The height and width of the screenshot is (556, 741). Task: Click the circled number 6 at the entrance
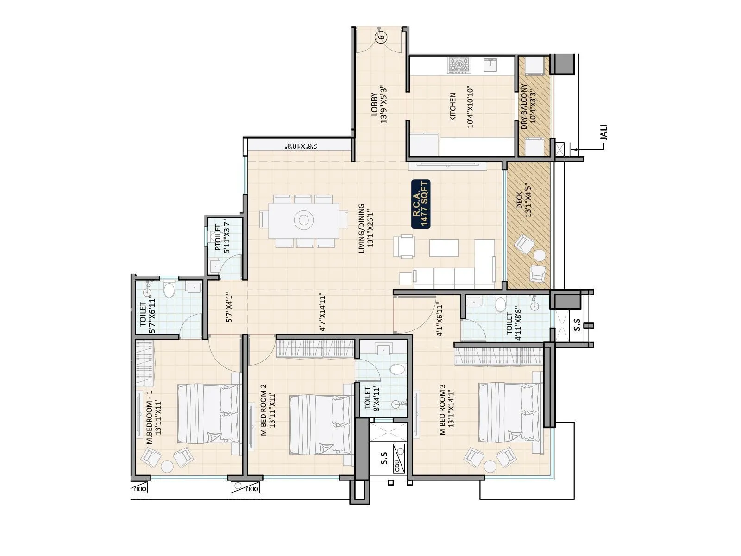(381, 38)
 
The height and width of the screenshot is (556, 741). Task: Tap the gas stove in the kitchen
(459, 65)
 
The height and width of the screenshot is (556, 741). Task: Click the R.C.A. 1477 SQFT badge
(421, 204)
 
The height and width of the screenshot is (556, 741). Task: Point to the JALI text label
(603, 133)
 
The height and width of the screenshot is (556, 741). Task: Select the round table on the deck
(540, 255)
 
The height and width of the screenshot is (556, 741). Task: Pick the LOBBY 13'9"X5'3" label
(378, 104)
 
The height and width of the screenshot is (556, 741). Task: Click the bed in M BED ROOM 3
(509, 412)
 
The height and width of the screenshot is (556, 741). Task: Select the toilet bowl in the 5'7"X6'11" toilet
(169, 291)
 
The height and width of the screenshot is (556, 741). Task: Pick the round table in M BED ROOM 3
(490, 465)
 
